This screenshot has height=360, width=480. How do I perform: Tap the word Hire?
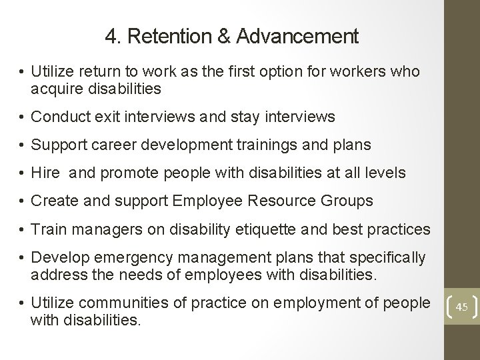(45, 173)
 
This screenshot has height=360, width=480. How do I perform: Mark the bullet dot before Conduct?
(21, 118)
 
